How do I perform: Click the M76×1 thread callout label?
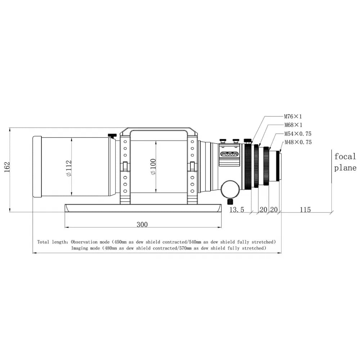pyautogui.click(x=293, y=117)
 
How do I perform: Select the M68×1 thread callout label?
pyautogui.click(x=293, y=125)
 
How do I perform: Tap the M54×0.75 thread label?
pyautogui.click(x=297, y=134)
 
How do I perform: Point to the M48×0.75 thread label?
pyautogui.click(x=298, y=142)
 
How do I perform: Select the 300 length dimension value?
pyautogui.click(x=142, y=225)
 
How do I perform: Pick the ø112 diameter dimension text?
pyautogui.click(x=69, y=168)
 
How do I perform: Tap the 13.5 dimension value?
pyautogui.click(x=237, y=210)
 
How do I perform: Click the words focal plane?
pyautogui.click(x=345, y=162)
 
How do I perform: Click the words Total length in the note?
pyautogui.click(x=52, y=242)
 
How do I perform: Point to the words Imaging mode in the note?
pyautogui.click(x=85, y=248)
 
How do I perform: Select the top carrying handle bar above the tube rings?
pyautogui.click(x=158, y=129)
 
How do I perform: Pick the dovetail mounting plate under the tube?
pyautogui.click(x=143, y=208)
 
